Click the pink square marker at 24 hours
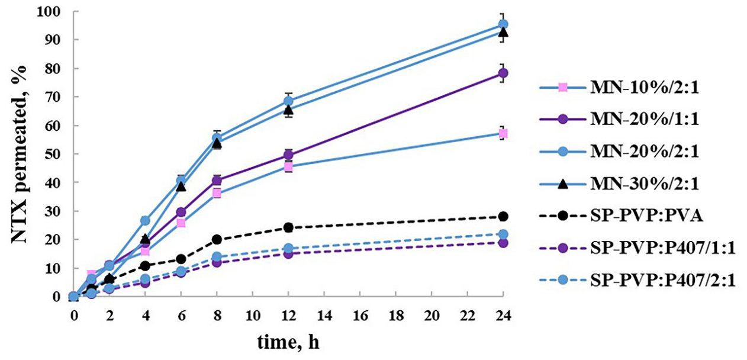click(x=503, y=134)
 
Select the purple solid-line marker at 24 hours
click(x=503, y=73)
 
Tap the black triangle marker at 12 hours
click(x=288, y=110)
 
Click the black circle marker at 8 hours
click(x=217, y=239)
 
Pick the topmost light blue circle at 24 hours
click(x=503, y=24)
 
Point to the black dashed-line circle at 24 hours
click(x=503, y=217)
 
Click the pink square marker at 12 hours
click(x=288, y=167)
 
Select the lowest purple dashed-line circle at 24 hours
click(x=503, y=243)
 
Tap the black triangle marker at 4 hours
click(x=145, y=239)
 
